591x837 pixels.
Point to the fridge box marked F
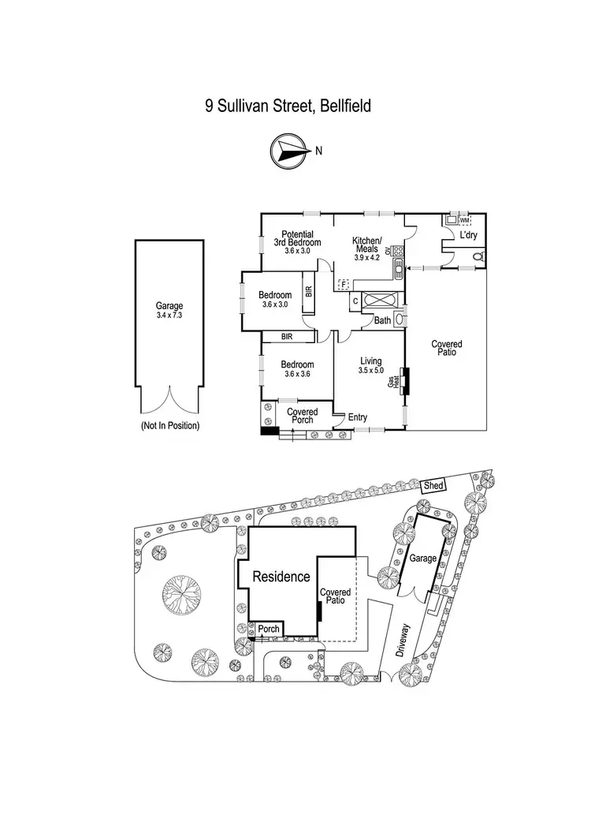[343, 282]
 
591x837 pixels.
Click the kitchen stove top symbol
[399, 252]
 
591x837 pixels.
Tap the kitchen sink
[399, 269]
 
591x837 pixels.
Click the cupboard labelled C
[355, 301]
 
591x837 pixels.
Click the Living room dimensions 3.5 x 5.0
[370, 370]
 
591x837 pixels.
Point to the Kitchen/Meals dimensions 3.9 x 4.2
[366, 256]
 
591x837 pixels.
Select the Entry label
[357, 418]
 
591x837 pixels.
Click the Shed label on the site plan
[433, 484]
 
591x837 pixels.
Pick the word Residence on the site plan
[281, 577]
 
